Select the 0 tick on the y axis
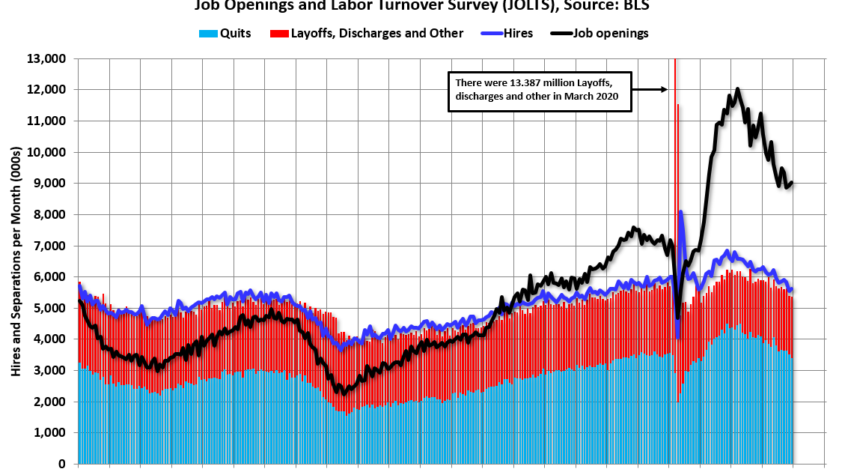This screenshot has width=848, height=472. click(64, 465)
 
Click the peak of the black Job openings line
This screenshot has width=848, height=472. click(738, 88)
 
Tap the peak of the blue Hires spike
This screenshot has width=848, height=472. click(681, 212)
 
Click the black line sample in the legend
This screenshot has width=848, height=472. click(561, 33)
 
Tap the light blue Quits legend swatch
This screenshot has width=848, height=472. click(208, 34)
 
